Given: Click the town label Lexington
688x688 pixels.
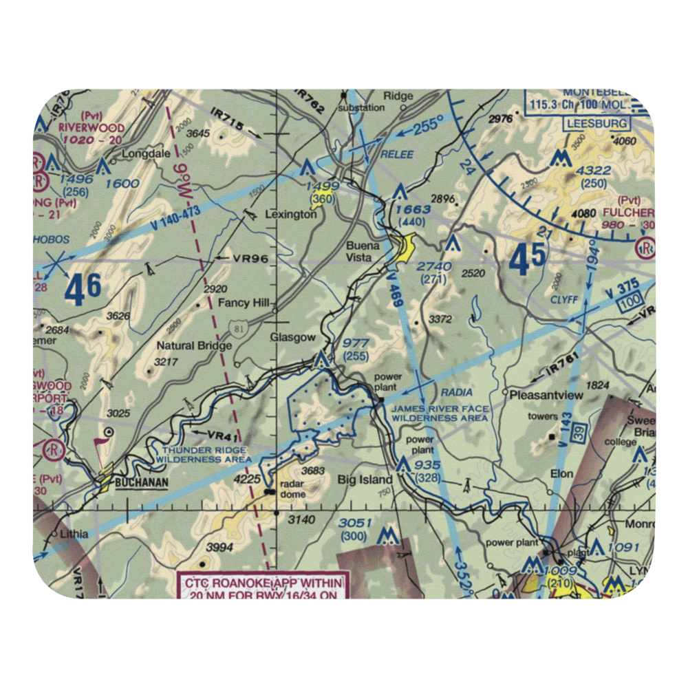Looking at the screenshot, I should click(x=294, y=215).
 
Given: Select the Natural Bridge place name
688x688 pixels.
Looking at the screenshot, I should click(x=194, y=345).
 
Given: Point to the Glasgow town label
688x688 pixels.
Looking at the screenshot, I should click(x=292, y=337).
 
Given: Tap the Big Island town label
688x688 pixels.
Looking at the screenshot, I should click(x=365, y=479).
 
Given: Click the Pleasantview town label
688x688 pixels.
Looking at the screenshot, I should click(x=546, y=395).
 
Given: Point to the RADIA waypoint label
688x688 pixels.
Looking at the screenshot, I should click(x=457, y=392).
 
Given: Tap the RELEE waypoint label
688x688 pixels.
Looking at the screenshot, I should click(x=397, y=154).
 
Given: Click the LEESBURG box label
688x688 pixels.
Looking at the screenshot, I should click(x=596, y=124).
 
